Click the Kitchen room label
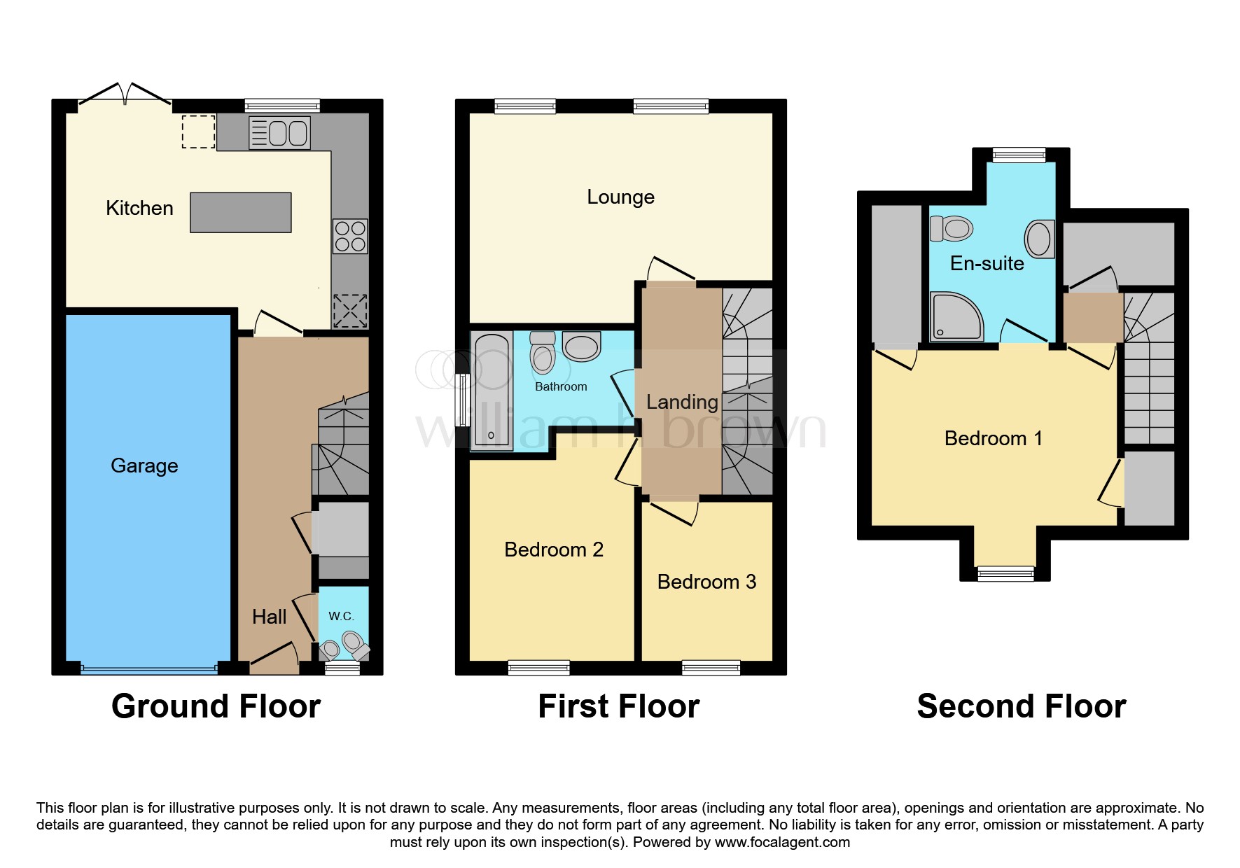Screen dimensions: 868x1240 coord(139,208)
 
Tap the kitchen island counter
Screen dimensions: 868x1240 coord(240,212)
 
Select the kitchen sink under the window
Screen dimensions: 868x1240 coord(279,133)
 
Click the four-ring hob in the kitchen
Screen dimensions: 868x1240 coord(350,237)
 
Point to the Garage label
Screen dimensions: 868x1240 coord(144,465)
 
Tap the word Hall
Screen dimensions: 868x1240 coord(269,617)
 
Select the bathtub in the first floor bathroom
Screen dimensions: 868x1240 coord(492,391)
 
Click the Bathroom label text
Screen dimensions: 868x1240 coord(561,386)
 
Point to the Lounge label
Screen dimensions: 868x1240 coord(620,197)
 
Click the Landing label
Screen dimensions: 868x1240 coord(681,402)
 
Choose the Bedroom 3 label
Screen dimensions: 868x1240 coord(706,582)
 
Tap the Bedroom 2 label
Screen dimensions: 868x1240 coord(553,549)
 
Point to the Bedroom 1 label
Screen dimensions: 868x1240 coord(993,438)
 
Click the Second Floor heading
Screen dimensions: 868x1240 coord(1021,706)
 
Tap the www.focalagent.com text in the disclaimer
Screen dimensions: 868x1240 coord(782,842)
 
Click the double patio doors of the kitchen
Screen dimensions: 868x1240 coord(125,96)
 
